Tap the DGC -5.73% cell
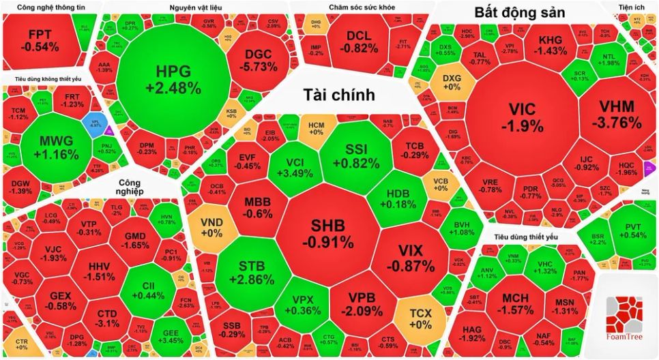click(x=260, y=59)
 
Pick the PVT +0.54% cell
click(x=630, y=229)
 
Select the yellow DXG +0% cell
click(x=452, y=82)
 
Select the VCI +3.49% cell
click(x=294, y=168)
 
